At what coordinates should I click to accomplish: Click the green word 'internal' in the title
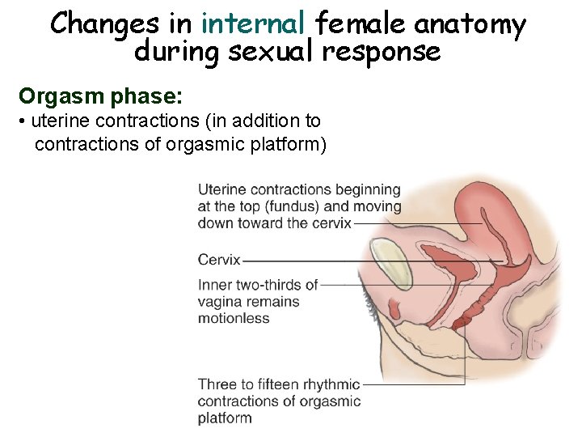252,24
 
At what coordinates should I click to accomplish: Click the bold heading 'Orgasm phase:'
102,97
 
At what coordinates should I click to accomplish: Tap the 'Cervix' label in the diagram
219,260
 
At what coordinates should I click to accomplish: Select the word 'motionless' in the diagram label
234,318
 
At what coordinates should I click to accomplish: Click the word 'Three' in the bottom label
217,384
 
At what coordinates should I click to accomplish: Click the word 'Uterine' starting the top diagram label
221,189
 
